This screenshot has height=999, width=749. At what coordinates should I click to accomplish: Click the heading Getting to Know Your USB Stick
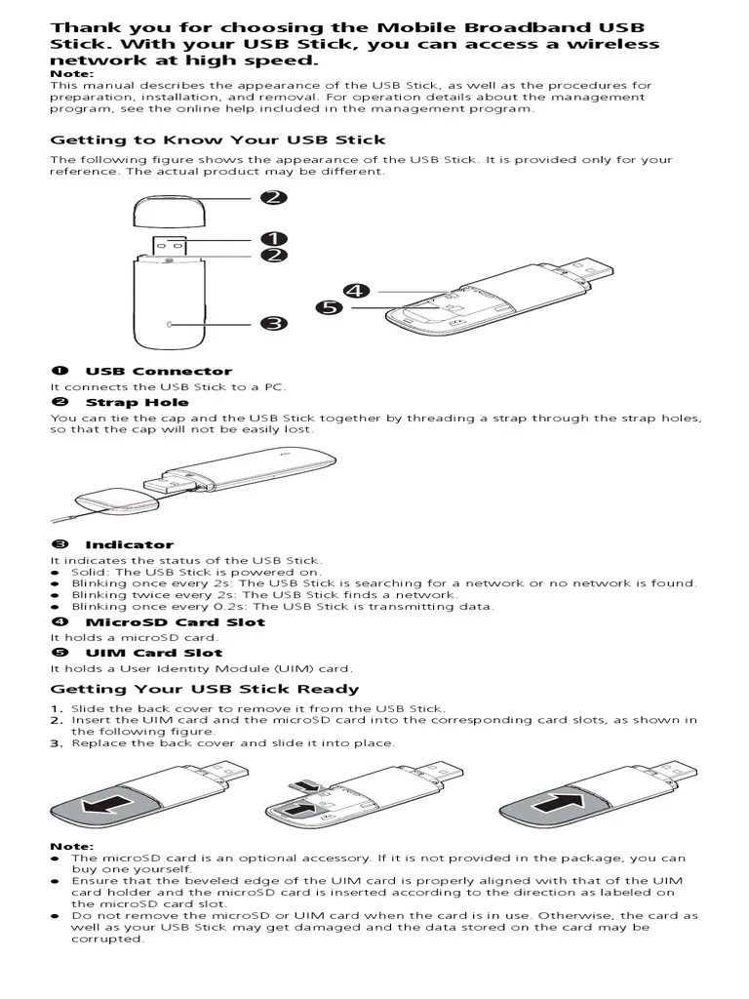tap(217, 140)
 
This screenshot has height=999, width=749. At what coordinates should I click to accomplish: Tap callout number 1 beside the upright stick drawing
tap(274, 238)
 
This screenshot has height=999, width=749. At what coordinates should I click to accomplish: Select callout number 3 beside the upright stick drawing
tap(274, 323)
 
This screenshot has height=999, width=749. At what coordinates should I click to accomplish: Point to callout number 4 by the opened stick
tap(357, 291)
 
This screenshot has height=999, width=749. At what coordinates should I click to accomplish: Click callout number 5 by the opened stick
tap(329, 308)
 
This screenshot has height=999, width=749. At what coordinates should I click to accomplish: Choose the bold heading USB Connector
tap(159, 371)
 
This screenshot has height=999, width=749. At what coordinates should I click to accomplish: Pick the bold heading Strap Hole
tap(137, 402)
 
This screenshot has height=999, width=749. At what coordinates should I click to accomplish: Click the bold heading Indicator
tap(129, 544)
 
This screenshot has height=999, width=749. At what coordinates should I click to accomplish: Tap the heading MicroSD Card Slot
tap(175, 621)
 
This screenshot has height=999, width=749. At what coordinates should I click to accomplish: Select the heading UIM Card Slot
tap(153, 653)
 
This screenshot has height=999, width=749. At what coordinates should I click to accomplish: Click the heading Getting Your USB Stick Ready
tap(205, 689)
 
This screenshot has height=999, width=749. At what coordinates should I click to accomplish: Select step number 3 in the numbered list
tap(57, 742)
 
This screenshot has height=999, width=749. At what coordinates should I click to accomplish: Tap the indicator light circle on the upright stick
tap(169, 323)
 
